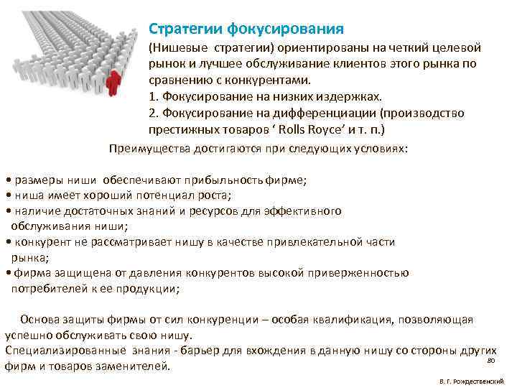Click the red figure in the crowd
pos(113,81)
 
